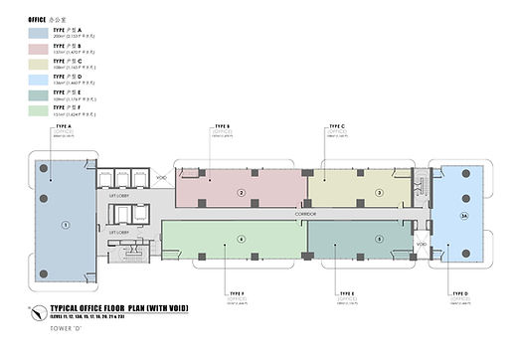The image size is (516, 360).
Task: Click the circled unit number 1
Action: coord(66,225)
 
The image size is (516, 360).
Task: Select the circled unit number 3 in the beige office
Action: coord(379,192)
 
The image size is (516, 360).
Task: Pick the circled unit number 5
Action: coord(379,239)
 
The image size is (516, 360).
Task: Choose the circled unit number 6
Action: coord(241,239)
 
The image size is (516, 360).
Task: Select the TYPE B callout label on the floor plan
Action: coord(223,127)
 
